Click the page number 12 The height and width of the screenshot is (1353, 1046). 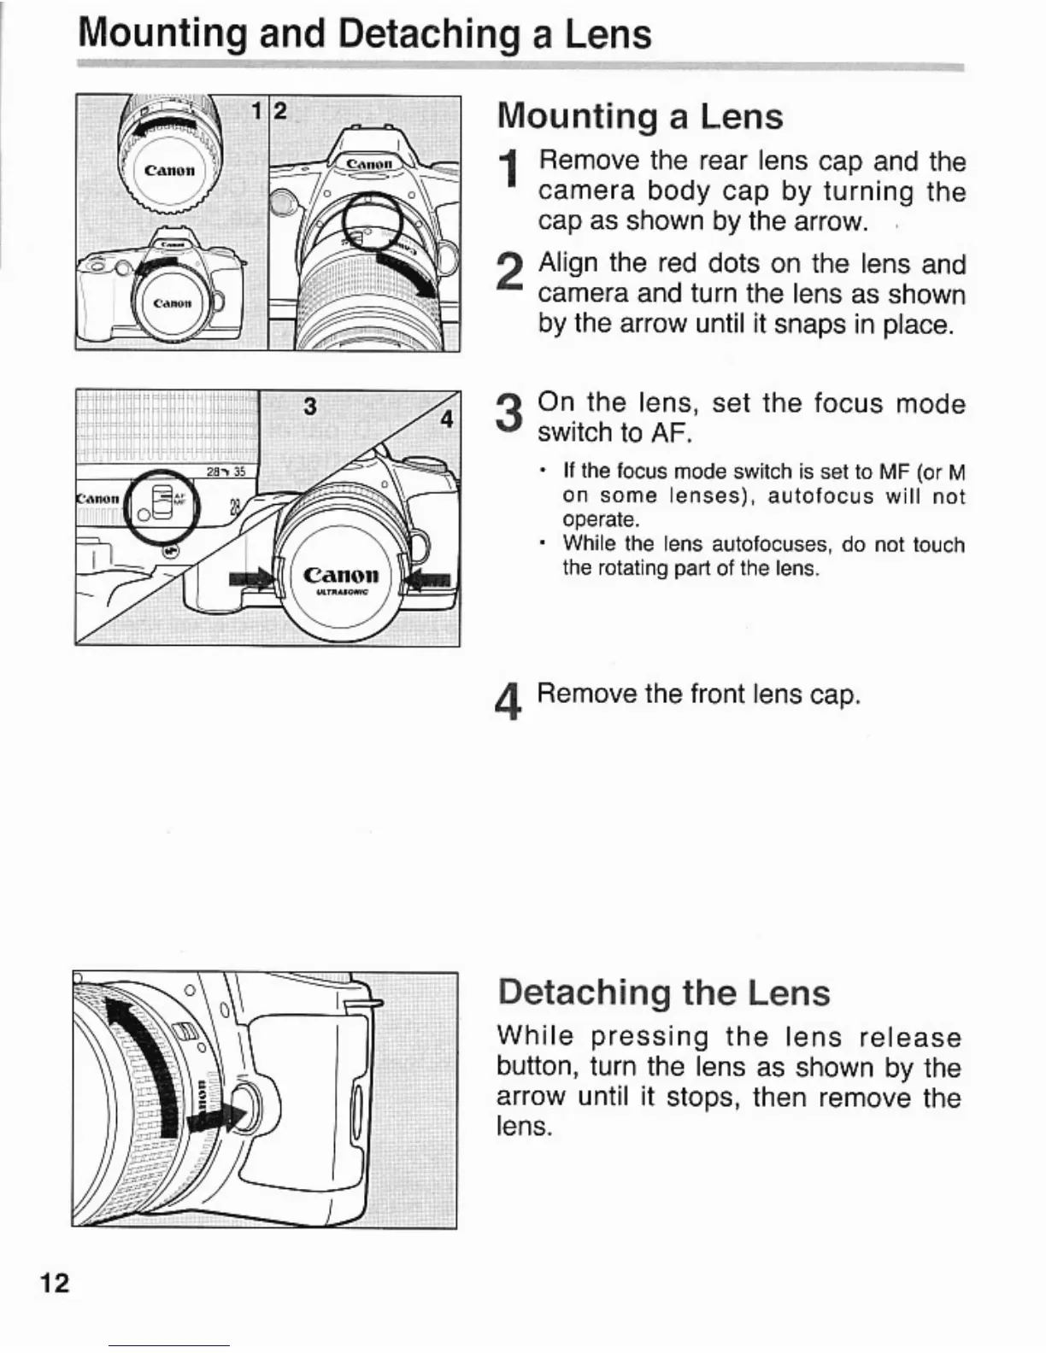tap(54, 1282)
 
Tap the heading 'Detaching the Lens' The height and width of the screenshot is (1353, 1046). tap(663, 993)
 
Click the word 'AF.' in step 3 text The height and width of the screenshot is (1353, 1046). tap(670, 433)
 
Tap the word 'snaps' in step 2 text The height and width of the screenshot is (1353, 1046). tap(805, 325)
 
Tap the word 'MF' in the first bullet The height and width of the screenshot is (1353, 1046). tap(881, 471)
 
